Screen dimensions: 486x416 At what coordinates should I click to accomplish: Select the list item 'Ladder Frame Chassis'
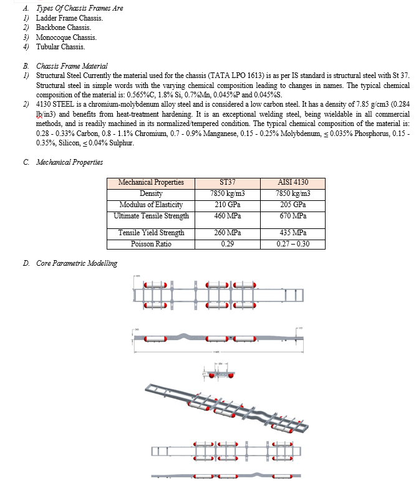coord(69,17)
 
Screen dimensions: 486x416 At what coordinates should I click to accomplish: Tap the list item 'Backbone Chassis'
coord(64,27)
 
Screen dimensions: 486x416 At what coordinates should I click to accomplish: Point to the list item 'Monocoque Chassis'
coord(66,37)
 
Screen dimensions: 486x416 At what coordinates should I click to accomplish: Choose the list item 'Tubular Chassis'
coord(60,47)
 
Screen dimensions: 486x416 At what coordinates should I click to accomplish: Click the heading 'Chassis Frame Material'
coord(72,66)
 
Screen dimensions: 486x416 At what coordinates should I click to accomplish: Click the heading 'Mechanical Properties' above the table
coord(69,162)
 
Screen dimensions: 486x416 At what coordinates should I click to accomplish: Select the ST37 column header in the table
coord(227,182)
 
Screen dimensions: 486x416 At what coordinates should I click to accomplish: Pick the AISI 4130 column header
coord(293,182)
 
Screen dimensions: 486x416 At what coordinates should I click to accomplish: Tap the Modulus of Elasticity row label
coord(151,205)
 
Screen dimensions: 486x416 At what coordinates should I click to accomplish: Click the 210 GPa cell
coord(227,205)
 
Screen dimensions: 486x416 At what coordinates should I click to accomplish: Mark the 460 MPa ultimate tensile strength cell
coord(227,216)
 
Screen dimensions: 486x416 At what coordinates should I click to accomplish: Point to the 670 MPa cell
coord(293,216)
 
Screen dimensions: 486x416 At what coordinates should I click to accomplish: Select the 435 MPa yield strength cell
coord(293,233)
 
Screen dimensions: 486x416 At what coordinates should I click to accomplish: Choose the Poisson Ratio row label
coord(151,243)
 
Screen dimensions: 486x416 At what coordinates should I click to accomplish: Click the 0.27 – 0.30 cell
coord(293,243)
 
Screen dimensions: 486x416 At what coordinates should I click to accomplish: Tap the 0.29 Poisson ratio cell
coord(227,243)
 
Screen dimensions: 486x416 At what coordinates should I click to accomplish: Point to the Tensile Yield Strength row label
coord(151,233)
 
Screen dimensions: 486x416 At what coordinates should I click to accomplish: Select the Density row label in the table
coord(151,193)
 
